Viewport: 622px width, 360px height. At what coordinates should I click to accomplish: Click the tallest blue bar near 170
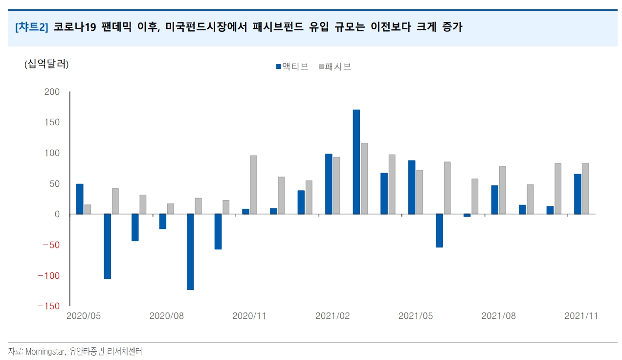point(356,161)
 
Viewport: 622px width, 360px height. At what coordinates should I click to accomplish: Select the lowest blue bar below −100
point(190,252)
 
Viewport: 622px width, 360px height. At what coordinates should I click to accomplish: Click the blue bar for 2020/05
point(80,199)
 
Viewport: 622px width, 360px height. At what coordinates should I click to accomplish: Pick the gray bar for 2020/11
point(254,184)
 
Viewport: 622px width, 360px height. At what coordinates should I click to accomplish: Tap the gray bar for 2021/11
point(585,188)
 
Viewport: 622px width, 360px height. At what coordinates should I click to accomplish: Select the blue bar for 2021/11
point(578,194)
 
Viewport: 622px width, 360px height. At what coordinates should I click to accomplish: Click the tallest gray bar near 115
point(364,178)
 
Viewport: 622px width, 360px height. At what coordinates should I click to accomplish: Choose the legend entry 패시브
point(337,67)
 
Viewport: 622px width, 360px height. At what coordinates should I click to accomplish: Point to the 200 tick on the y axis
point(52,92)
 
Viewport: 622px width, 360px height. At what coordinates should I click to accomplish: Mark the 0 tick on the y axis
point(57,214)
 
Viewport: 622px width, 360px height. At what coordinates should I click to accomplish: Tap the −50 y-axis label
point(51,245)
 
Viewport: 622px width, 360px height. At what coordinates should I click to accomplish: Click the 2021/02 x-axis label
point(333,316)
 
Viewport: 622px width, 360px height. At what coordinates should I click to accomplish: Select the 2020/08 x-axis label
point(166,316)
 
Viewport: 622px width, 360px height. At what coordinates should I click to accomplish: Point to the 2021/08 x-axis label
point(499,316)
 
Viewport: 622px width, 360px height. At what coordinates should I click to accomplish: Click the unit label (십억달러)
point(46,64)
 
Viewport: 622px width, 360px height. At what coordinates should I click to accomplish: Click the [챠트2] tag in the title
point(32,27)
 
